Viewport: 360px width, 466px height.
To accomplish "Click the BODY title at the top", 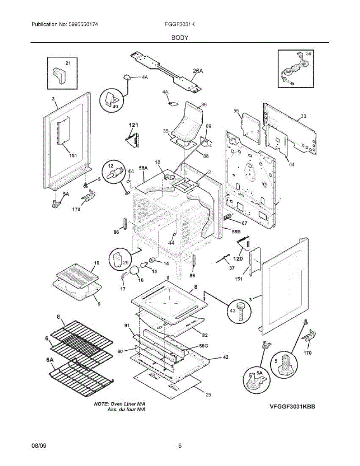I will coord(179,38).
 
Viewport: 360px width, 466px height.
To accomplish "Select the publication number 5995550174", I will coord(83,24).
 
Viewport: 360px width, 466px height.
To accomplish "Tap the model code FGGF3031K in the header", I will coord(179,24).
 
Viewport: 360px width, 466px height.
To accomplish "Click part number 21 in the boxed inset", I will coord(68,63).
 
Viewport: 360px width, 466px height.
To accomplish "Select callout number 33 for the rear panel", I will coord(303,116).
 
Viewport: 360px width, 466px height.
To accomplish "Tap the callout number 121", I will coord(134,125).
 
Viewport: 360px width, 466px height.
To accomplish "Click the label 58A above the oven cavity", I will coord(143,167).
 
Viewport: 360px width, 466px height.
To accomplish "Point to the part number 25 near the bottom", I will coord(209,395).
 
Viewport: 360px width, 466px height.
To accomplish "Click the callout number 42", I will coord(225,358).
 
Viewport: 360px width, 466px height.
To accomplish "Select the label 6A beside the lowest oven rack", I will coord(49,360).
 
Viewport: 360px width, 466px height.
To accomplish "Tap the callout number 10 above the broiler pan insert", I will coord(96,263).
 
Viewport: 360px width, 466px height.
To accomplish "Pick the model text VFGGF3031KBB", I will coord(292,407).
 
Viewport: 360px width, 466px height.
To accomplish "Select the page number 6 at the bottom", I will coord(180,446).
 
